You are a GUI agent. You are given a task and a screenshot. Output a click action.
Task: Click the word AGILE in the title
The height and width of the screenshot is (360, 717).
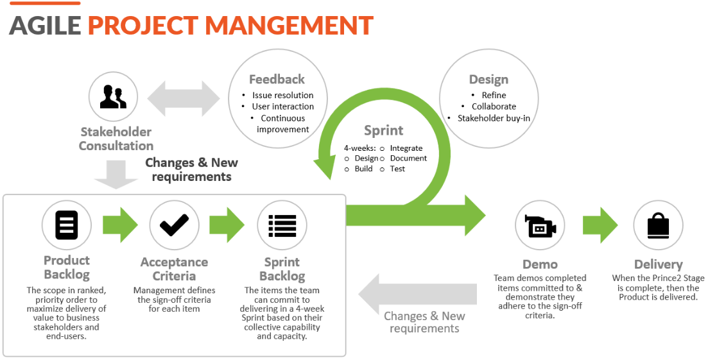(x=45, y=25)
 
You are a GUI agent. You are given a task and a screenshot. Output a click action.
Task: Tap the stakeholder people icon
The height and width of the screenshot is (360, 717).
(x=113, y=96)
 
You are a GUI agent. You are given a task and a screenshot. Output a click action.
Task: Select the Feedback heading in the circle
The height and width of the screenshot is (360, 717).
(x=277, y=80)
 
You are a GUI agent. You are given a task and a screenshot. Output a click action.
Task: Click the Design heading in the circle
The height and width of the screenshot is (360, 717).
(x=488, y=80)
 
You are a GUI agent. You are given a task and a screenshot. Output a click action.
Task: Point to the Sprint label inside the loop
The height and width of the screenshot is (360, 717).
(x=383, y=131)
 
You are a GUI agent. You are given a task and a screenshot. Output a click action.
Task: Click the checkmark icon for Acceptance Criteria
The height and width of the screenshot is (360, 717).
(x=174, y=225)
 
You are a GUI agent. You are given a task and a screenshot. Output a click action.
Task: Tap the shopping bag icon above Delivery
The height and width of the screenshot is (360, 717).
(x=658, y=225)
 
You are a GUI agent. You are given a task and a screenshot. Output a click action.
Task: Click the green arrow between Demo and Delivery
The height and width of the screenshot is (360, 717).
(x=600, y=225)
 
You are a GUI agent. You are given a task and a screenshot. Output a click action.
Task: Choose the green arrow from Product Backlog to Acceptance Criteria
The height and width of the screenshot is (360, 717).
(x=120, y=225)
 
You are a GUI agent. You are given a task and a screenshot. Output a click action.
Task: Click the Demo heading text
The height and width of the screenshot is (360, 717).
(x=540, y=264)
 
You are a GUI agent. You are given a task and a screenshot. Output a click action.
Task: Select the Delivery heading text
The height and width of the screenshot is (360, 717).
(x=658, y=264)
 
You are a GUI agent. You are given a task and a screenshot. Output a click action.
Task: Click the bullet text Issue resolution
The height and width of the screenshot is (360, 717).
(x=283, y=95)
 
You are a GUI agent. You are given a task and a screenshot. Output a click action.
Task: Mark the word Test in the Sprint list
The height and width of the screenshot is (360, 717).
(x=397, y=169)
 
